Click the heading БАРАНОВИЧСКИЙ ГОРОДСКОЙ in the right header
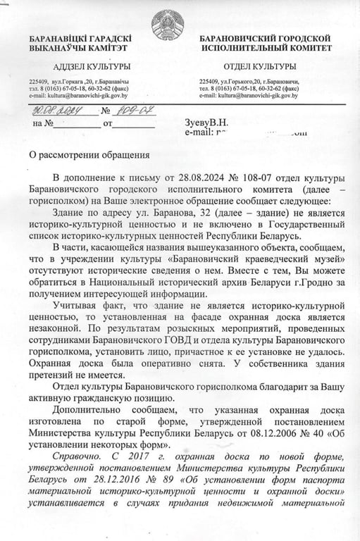click(x=266, y=37)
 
